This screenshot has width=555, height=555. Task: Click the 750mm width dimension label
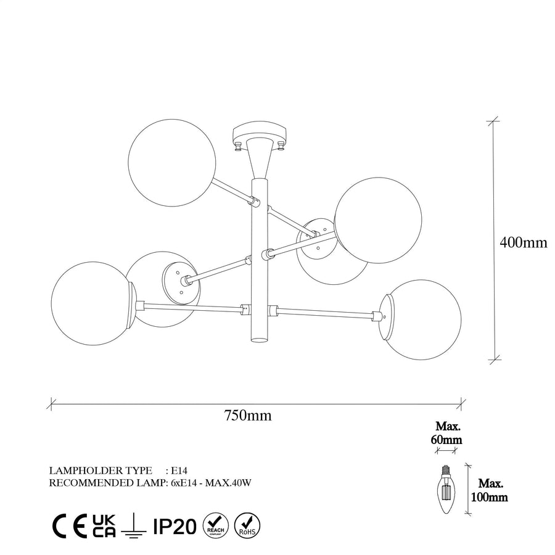248,415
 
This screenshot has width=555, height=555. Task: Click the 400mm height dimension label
523,242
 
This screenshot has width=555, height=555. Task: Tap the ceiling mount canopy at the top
260,134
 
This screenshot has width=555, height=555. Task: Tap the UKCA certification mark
104,526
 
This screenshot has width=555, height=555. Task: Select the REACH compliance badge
216,525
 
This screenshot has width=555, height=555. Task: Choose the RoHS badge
247,525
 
